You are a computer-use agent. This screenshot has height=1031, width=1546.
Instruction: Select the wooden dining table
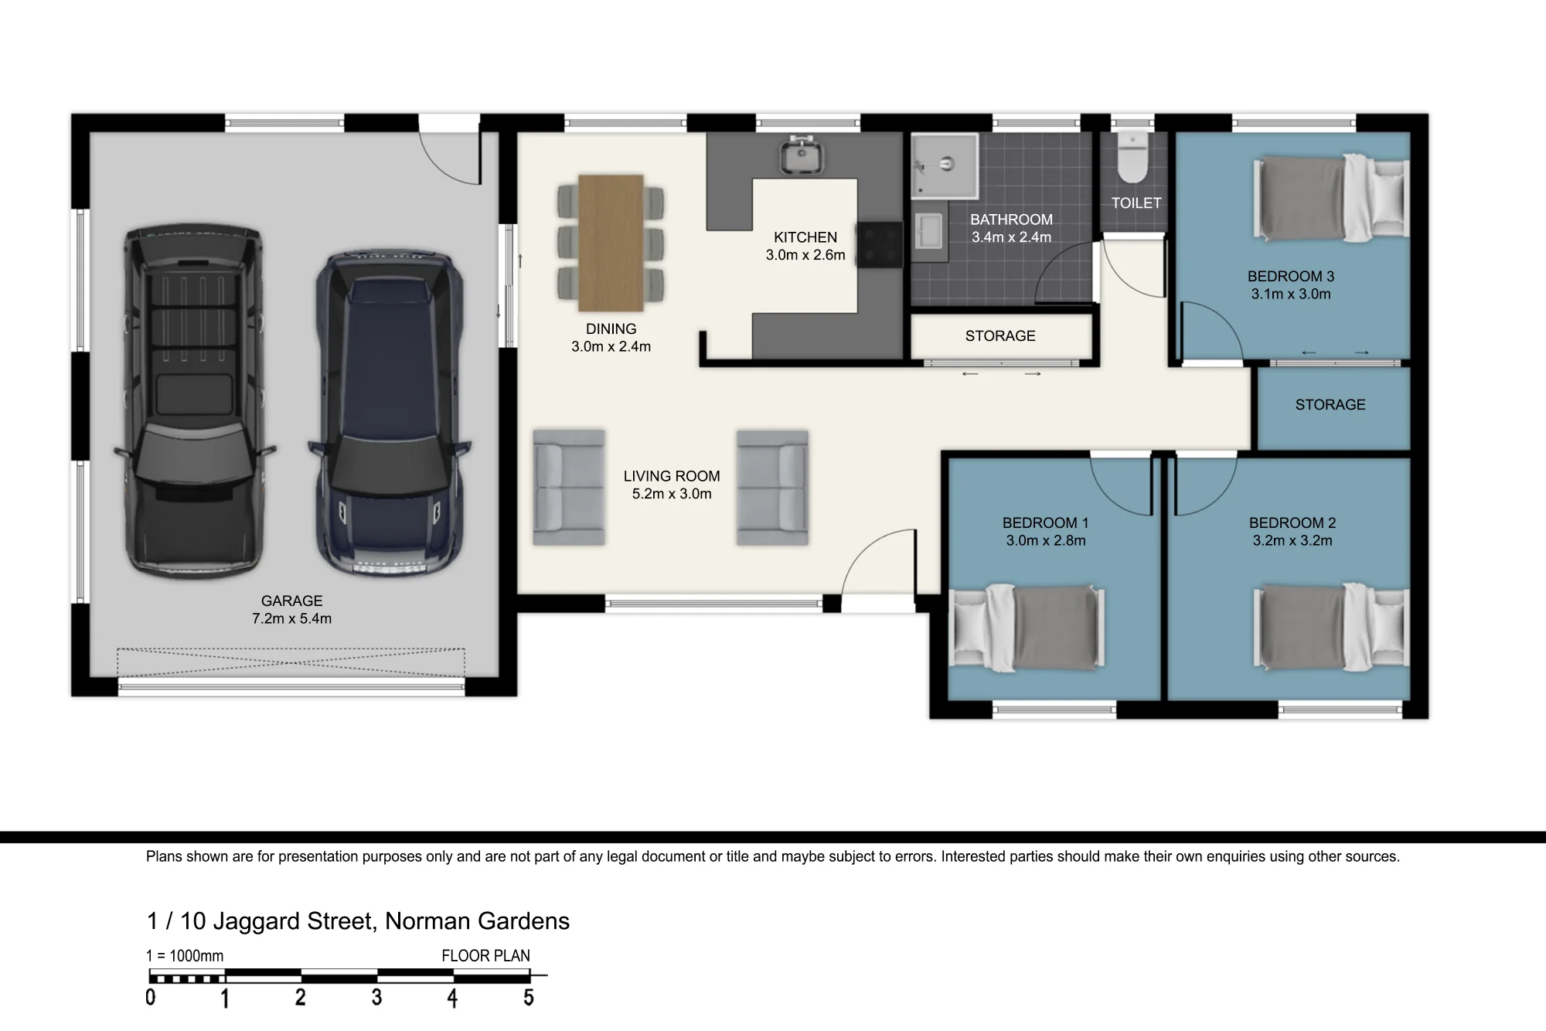point(611,243)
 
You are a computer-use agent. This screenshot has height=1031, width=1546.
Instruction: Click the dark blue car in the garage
point(389,413)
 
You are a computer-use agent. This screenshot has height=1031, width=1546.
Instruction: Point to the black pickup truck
point(193,402)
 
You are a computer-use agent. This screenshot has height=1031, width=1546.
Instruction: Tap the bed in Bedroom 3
point(1331,197)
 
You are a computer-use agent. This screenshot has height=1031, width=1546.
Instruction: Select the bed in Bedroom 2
point(1331,627)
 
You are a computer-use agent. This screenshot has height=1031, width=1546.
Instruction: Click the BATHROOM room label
point(1011,219)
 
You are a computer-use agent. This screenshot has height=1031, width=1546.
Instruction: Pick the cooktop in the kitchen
point(880,245)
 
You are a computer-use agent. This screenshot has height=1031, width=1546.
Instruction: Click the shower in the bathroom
point(945,165)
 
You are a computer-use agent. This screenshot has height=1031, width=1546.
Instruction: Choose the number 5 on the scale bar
point(529,998)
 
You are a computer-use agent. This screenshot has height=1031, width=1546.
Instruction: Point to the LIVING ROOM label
point(672,476)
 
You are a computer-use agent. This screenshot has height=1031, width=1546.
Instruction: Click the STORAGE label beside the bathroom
point(1000,336)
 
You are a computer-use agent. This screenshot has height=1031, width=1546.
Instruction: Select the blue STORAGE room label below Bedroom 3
point(1330,405)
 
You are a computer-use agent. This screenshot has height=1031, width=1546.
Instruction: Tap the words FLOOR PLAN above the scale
point(485,956)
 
